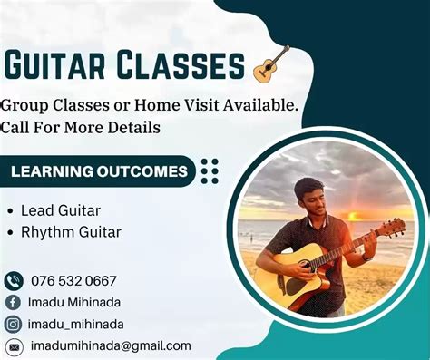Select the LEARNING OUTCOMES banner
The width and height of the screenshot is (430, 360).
[100, 170]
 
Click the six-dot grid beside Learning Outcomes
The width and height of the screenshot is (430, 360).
[210, 170]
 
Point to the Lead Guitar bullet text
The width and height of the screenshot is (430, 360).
[60, 210]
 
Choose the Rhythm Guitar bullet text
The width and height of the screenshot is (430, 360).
[71, 232]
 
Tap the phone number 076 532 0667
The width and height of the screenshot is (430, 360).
[73, 280]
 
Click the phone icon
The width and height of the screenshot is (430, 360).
[14, 280]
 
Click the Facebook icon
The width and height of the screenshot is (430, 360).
[14, 302]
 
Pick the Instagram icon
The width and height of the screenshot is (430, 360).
[14, 324]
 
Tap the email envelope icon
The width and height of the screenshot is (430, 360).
[14, 345]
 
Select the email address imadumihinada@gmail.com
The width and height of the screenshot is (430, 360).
[111, 345]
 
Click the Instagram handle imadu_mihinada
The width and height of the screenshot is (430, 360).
[77, 324]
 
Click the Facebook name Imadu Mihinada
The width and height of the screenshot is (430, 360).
[77, 302]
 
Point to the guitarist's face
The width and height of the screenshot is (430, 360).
[309, 197]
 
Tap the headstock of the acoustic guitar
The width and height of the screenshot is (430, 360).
[392, 228]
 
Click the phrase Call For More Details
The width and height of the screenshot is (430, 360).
[81, 128]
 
